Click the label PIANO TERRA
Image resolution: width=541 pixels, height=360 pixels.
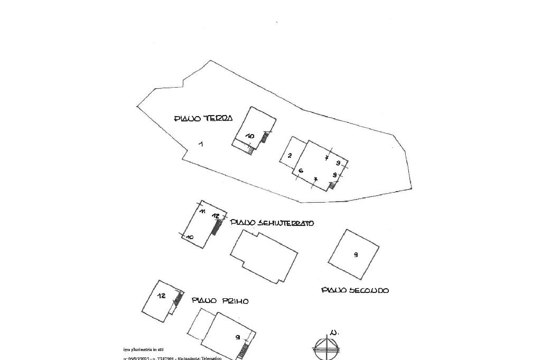click(x=203, y=119)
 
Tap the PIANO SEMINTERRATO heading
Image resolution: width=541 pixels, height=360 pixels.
click(x=272, y=223)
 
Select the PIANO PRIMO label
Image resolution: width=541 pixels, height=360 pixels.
click(x=220, y=301)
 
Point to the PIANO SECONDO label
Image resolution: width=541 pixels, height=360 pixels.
click(x=355, y=290)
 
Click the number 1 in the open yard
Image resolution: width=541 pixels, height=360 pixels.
click(x=201, y=144)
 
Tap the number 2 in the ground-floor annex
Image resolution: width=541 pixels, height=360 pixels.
click(x=290, y=155)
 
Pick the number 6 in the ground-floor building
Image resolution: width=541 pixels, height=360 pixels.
click(x=301, y=170)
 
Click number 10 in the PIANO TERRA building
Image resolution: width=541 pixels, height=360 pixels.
click(x=250, y=136)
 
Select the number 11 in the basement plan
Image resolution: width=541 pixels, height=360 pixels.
click(x=202, y=211)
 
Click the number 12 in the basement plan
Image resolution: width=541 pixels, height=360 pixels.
click(x=216, y=216)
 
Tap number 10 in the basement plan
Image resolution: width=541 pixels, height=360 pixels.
click(x=190, y=238)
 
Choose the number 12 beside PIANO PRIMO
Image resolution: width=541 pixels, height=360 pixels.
click(x=162, y=296)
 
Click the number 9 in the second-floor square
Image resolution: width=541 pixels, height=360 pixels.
click(x=356, y=255)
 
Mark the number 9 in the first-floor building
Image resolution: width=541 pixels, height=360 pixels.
click(x=238, y=337)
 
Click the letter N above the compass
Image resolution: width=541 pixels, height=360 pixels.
click(x=333, y=333)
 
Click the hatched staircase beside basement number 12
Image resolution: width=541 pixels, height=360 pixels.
click(x=216, y=228)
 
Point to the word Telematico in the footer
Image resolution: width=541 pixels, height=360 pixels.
click(x=208, y=358)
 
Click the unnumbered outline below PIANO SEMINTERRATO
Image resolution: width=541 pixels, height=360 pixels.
click(x=263, y=256)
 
